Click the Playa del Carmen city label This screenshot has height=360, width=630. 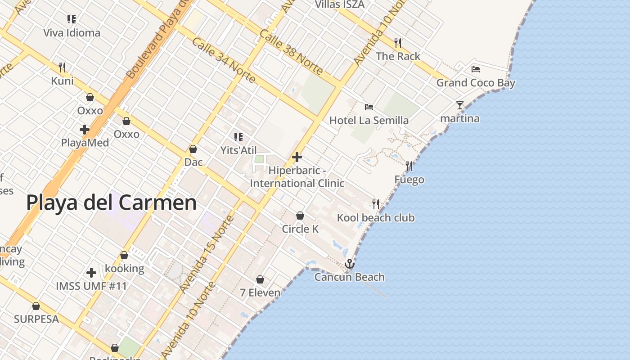pos(111,203)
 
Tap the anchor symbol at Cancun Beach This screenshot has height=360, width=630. pos(349,264)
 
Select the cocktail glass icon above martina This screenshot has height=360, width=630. pos(459,105)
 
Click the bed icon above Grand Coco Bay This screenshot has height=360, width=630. pos(476,69)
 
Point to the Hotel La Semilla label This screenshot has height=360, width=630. pos(369,120)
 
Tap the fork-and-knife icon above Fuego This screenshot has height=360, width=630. pos(409,166)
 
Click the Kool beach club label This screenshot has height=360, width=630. pos(376,218)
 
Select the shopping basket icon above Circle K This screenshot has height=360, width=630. pos(300,216)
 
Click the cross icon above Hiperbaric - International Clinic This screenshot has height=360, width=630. pos(297,157)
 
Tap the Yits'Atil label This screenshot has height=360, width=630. pos(238,150)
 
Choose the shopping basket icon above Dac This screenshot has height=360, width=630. pos(193,149)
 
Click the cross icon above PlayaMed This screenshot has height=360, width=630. pos(84,130)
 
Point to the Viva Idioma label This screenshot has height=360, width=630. pos(72,33)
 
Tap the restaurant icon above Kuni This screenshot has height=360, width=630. pos(62,67)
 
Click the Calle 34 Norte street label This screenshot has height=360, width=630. pos(224,60)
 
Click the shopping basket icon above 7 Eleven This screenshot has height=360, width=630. pos(260,279)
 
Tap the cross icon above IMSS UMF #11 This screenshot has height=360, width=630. pos(91,273)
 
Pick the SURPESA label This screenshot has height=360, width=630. pos(36,319)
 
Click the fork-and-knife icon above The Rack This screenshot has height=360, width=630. pos(398,43)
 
